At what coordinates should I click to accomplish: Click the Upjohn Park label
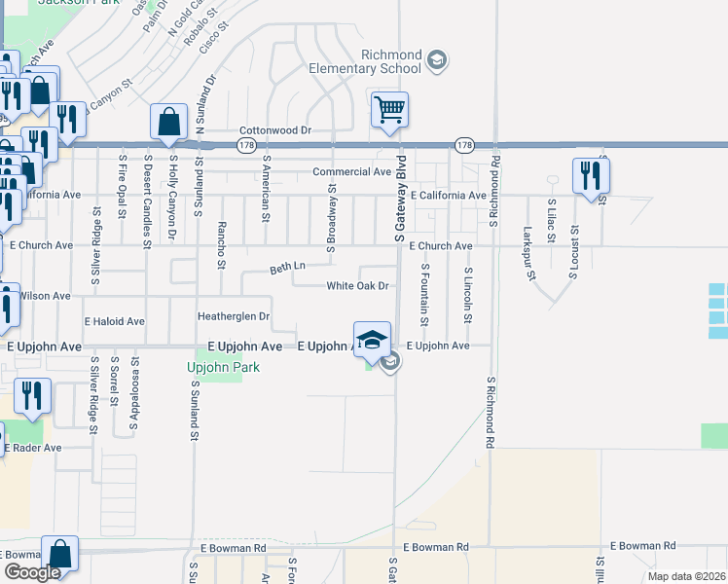click(x=215, y=367)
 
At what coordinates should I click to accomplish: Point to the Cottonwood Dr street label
click(x=274, y=129)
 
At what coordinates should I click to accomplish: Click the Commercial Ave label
click(x=351, y=172)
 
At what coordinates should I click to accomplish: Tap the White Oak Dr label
click(x=358, y=286)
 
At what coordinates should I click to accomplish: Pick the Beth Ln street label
click(x=287, y=266)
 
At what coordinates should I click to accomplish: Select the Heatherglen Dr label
click(x=233, y=316)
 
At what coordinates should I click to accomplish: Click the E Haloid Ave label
click(x=114, y=321)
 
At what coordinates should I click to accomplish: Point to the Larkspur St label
click(x=530, y=253)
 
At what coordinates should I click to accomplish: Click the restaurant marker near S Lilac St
click(x=590, y=175)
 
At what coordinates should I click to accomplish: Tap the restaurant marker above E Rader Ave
click(x=33, y=395)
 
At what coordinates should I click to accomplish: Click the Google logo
click(x=31, y=572)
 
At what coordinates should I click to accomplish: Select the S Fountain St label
click(x=424, y=295)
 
